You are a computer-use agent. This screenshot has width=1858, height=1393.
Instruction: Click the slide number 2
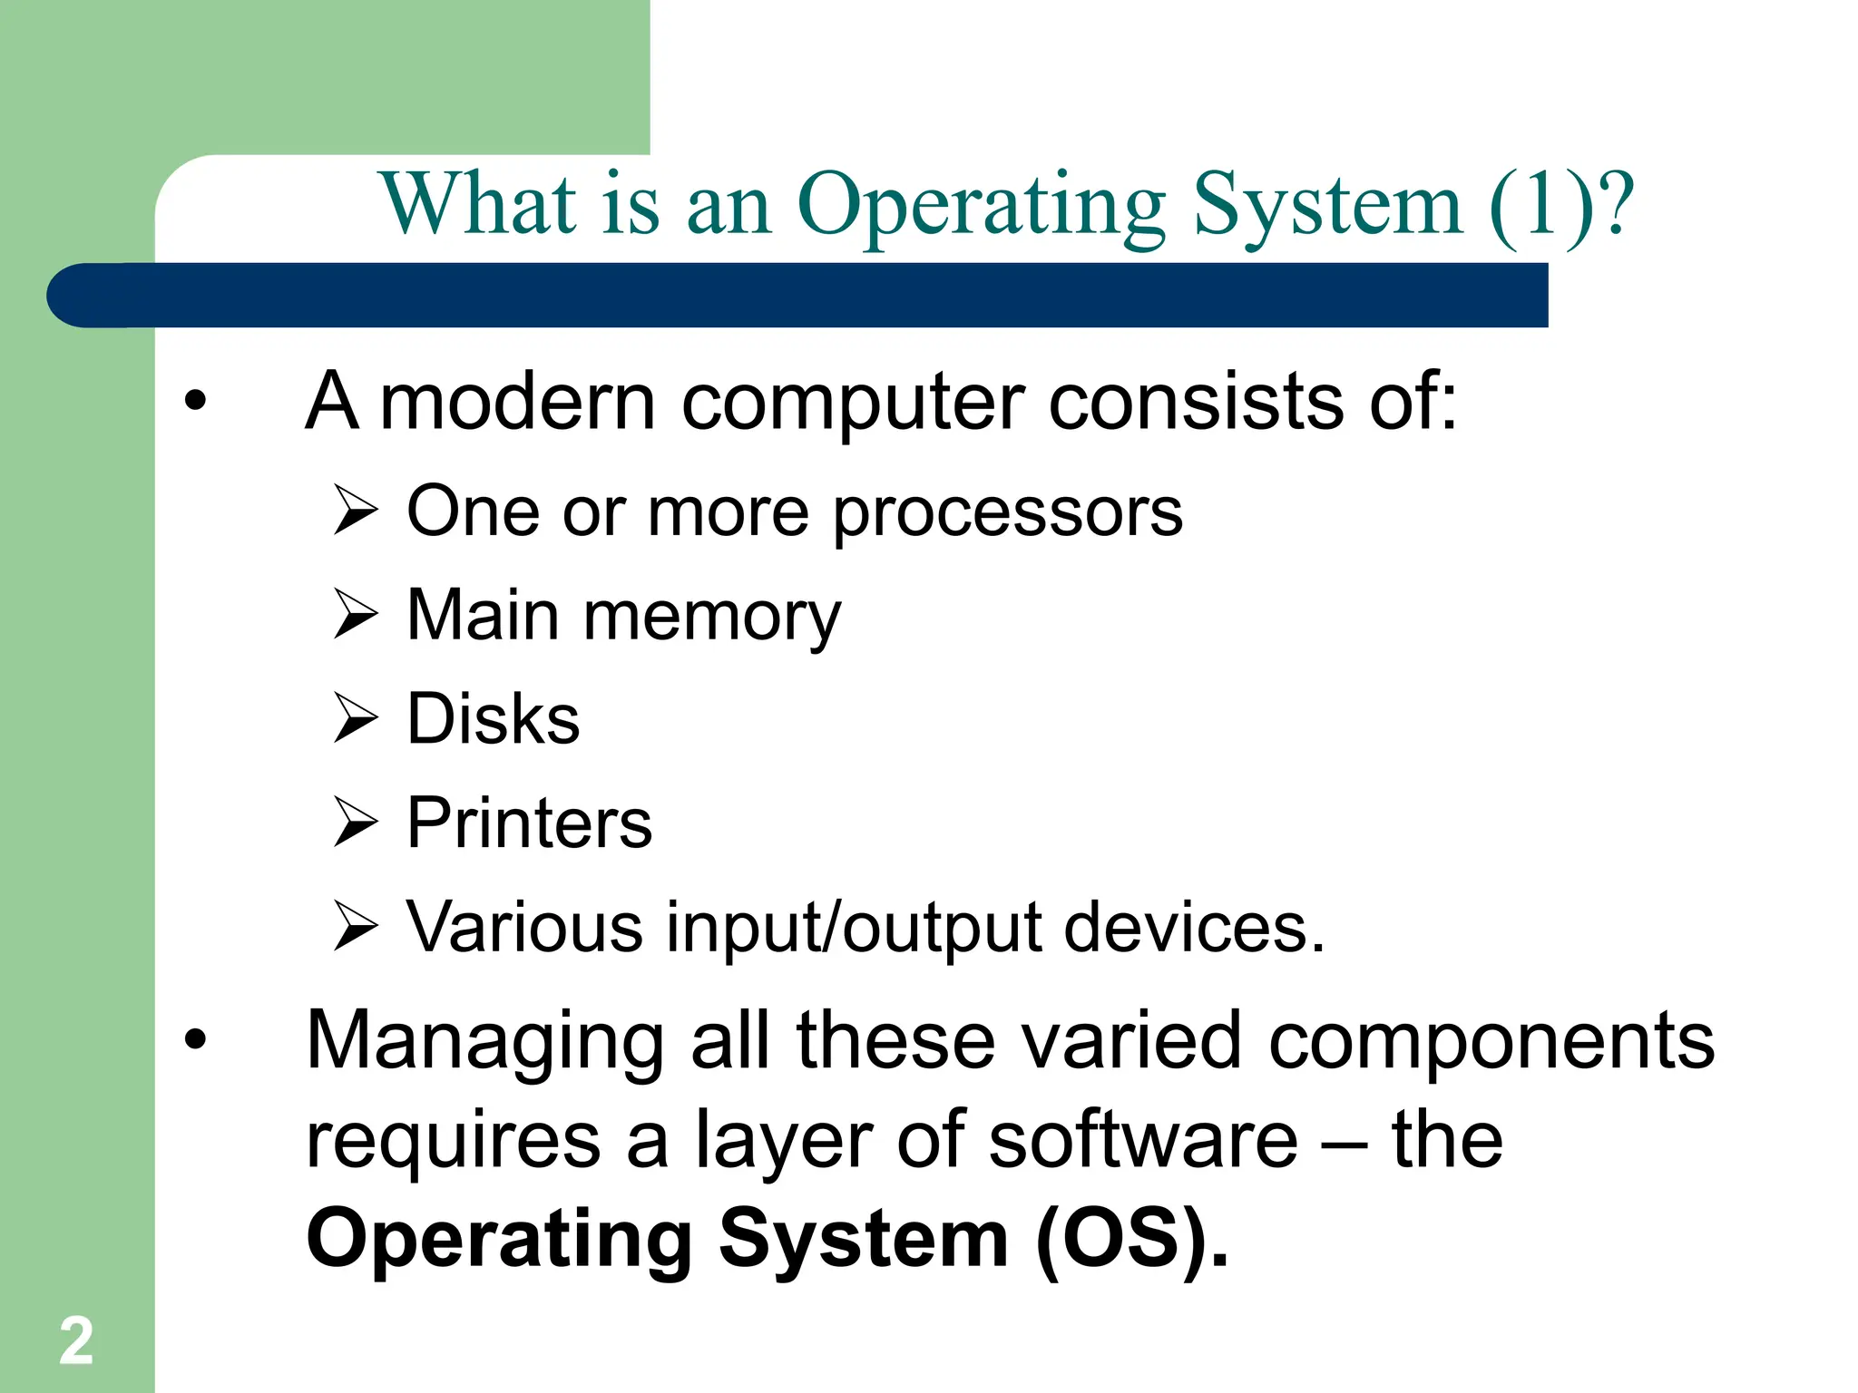[76, 1340]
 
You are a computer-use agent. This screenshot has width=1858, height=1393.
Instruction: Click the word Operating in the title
[982, 207]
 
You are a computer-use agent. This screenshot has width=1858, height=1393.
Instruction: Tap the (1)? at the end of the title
[1560, 205]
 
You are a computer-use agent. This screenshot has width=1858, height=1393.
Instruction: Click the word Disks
[493, 719]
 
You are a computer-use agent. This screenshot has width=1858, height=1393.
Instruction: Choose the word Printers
[529, 823]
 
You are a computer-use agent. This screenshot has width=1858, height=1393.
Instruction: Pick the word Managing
[484, 1042]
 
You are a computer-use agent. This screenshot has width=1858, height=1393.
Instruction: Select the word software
[1143, 1141]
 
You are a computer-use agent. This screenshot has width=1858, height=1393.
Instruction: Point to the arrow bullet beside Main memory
[355, 614]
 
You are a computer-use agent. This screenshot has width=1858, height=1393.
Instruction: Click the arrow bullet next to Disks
[355, 717]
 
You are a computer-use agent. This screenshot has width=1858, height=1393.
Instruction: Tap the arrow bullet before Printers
[355, 822]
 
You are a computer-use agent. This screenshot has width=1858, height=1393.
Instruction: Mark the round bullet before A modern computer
[195, 400]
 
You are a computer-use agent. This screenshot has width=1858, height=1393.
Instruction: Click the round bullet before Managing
[195, 1040]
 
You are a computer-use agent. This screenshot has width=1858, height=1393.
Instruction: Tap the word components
[1491, 1042]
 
